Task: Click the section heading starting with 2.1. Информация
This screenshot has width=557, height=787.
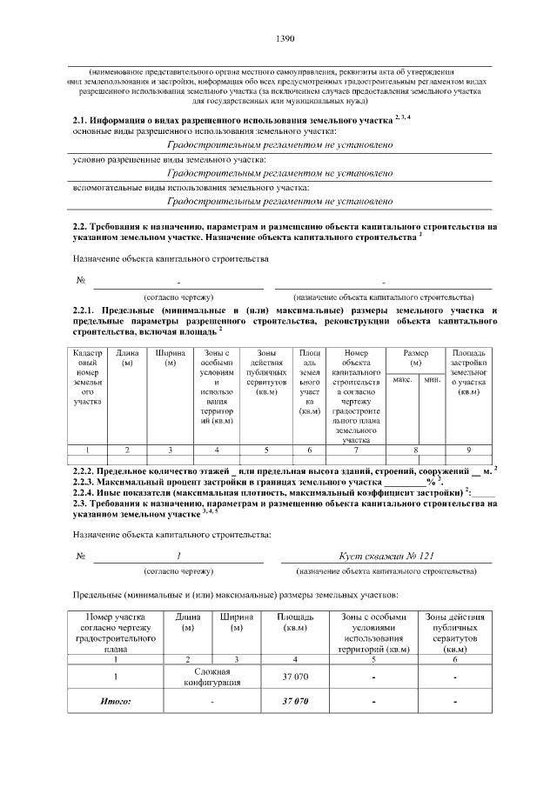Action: [x=241, y=118]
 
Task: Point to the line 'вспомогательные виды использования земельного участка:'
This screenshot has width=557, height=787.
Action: [x=191, y=187]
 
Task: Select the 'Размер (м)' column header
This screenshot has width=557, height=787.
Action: [x=416, y=357]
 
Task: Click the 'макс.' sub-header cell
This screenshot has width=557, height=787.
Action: [x=402, y=380]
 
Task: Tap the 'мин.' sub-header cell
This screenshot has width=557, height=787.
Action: [x=432, y=380]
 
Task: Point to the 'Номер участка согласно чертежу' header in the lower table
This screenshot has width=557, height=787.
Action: [x=116, y=634]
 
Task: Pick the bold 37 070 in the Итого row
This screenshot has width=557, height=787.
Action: [x=295, y=701]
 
